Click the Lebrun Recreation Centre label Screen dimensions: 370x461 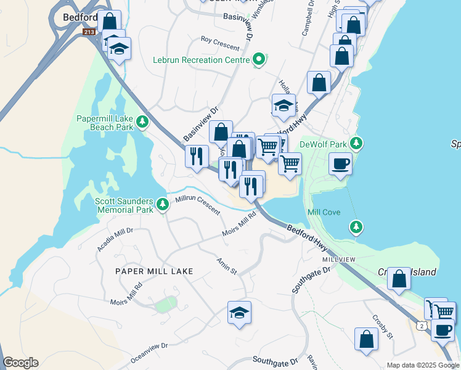[x=201, y=60]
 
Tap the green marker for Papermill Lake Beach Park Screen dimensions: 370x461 [x=143, y=121]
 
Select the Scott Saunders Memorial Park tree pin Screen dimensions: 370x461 [x=162, y=203]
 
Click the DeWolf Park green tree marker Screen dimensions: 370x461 [x=356, y=144]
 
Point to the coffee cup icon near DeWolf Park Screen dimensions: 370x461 [x=340, y=164]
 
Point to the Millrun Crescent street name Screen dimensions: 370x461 [x=198, y=205]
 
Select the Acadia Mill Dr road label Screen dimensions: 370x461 [x=115, y=239]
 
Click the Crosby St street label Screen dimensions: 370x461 [x=383, y=327]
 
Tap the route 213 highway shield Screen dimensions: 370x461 [x=89, y=31]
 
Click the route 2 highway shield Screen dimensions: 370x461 [x=421, y=325]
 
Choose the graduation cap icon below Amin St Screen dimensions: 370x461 [x=239, y=313]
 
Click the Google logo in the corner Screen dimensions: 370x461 [x=21, y=363]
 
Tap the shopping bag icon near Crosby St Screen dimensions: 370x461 [x=366, y=339]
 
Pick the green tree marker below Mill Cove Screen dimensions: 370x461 [x=356, y=228]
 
